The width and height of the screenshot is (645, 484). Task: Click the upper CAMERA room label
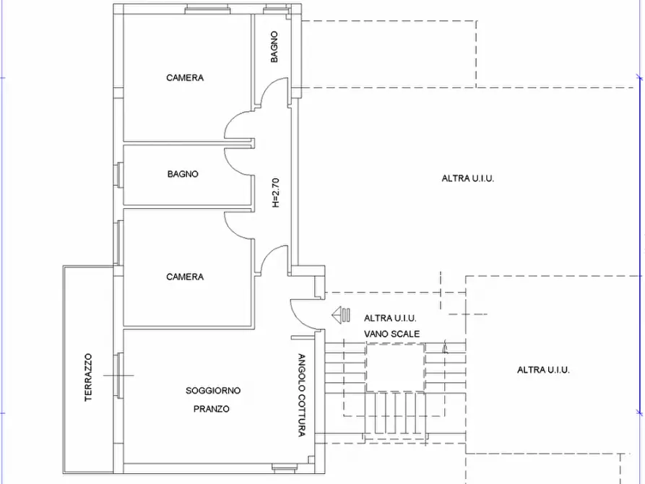pos(185,78)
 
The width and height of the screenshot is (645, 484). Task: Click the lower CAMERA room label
pos(185,277)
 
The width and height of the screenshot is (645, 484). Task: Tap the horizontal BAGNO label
pos(183,174)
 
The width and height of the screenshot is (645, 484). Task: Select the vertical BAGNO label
pos(274,47)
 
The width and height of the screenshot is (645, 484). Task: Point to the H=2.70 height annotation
pos(276,192)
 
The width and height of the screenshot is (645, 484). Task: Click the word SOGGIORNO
pos(213,391)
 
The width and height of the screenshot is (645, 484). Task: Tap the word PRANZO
pos(212,409)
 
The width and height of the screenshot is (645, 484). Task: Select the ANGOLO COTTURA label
pos(301,395)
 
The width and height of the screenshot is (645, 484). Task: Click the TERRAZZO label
pos(88,377)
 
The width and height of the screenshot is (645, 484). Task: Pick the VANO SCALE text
pos(392,334)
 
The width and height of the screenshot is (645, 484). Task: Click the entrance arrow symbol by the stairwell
pos(341,315)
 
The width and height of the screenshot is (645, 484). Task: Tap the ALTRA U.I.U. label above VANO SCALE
pos(390,318)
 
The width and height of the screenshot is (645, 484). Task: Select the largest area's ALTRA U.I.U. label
pos(468,178)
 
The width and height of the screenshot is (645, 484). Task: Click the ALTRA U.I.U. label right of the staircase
pos(543,370)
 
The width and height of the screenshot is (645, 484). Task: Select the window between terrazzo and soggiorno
pos(119,376)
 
